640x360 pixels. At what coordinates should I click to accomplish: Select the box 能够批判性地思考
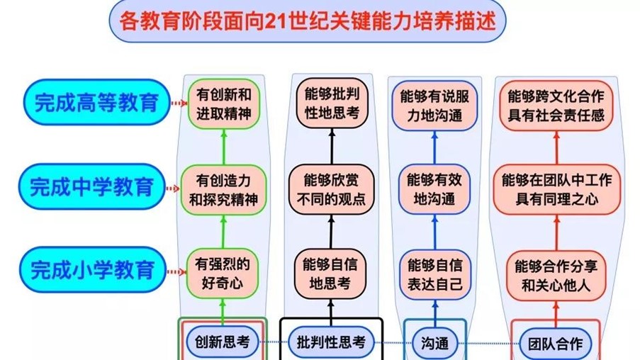point(331,105)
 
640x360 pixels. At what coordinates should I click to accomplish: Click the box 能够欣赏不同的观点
point(331,189)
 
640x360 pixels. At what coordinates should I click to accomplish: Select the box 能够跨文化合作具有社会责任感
point(557,105)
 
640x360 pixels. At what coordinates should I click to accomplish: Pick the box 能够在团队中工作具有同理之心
point(557,189)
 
